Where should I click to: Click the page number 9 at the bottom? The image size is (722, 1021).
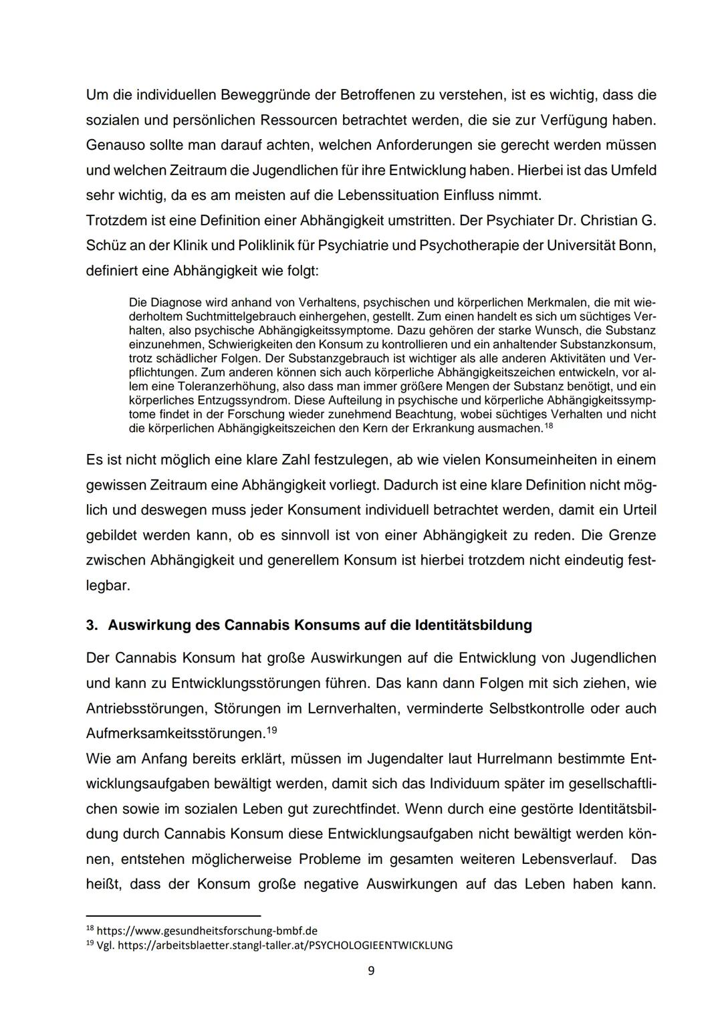pos(371,970)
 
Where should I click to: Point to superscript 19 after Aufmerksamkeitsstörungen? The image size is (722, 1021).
pos(271,730)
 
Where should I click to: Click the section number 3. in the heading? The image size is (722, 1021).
pos(92,625)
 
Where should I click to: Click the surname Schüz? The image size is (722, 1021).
pos(106,245)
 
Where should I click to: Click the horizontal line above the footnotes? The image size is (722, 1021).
pos(173,915)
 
